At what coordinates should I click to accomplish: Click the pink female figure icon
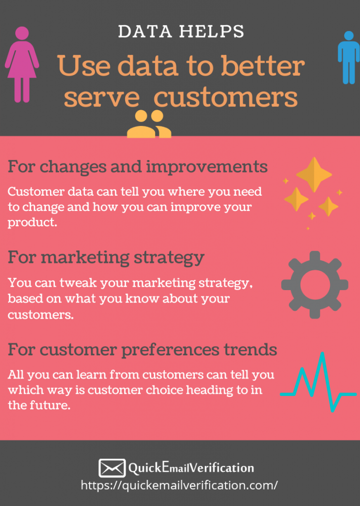(22, 65)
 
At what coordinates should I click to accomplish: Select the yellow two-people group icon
(149, 124)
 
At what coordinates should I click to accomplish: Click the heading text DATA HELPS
(181, 31)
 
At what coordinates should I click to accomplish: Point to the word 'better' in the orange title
(263, 66)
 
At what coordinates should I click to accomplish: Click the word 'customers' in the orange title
(225, 98)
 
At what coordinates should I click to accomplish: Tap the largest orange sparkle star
(314, 174)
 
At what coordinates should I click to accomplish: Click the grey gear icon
(315, 285)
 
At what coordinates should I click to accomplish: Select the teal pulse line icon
(318, 382)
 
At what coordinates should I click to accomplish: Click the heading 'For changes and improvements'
(137, 167)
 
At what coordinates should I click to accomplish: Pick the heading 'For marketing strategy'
(106, 258)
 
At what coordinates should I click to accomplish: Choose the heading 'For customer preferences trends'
(142, 349)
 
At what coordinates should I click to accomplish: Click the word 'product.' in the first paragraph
(32, 222)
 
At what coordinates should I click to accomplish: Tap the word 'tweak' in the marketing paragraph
(78, 283)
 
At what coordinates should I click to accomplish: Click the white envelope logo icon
(112, 468)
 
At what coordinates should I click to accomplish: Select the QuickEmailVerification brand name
(191, 467)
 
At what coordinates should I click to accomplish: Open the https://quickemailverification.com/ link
(179, 485)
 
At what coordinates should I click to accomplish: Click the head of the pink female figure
(22, 33)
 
